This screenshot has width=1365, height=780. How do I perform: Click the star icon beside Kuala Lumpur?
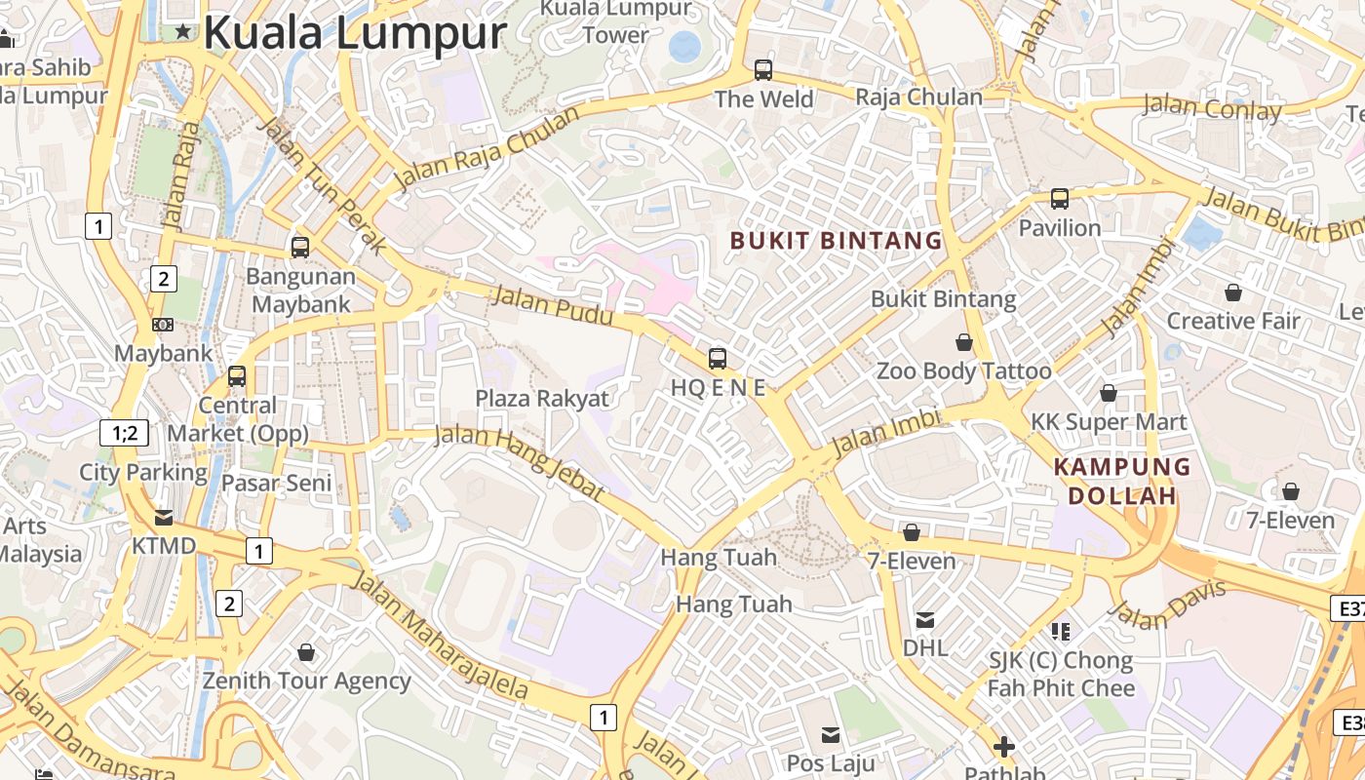(x=182, y=32)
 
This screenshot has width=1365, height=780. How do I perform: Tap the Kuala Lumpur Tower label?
(x=615, y=21)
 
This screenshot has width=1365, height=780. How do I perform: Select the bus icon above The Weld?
(x=763, y=70)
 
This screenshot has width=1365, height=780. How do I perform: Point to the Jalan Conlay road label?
(x=1212, y=107)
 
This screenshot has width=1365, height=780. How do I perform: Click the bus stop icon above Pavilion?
(x=1060, y=199)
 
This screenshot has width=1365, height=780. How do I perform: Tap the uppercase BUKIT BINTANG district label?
(x=836, y=241)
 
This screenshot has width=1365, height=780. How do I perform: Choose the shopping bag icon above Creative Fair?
(x=1233, y=292)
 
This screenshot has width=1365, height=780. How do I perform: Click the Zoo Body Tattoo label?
(x=963, y=371)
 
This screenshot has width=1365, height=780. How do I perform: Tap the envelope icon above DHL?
(x=925, y=619)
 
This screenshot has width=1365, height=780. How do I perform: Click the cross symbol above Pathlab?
(x=1004, y=748)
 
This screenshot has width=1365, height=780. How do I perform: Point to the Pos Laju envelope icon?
(x=831, y=734)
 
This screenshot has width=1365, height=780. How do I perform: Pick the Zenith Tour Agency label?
(x=306, y=681)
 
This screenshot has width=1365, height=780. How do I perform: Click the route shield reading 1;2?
(x=125, y=433)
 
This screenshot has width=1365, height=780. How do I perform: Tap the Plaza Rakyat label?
(x=541, y=399)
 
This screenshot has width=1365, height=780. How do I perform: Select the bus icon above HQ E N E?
(x=718, y=359)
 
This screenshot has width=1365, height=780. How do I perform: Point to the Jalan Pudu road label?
(x=552, y=305)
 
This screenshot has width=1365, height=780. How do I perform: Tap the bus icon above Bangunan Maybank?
(x=300, y=248)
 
